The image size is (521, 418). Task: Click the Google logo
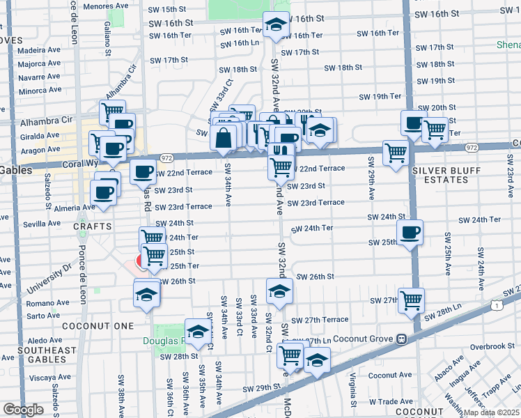click(23, 409)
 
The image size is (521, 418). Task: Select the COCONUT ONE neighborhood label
click(87, 326)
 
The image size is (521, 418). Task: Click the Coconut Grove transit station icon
click(402, 339)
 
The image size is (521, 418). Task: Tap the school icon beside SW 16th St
click(276, 26)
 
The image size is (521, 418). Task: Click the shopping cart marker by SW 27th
click(411, 300)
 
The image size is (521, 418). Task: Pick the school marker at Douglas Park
click(199, 331)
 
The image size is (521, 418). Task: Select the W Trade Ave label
click(391, 402)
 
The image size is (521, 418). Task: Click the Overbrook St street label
click(492, 346)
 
